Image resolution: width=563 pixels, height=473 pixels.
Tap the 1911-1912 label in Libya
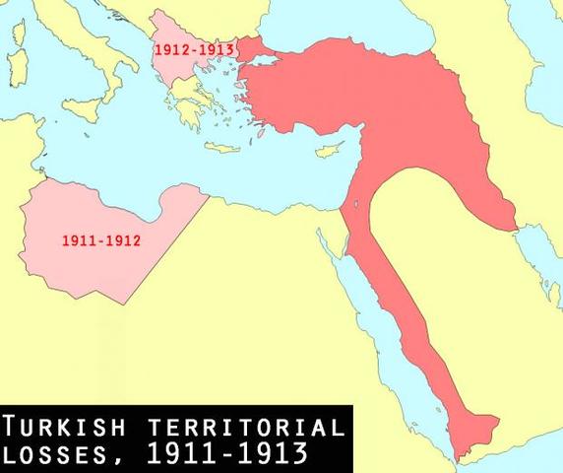tap(100, 239)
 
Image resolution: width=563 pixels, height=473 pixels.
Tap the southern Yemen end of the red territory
tap(472, 429)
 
